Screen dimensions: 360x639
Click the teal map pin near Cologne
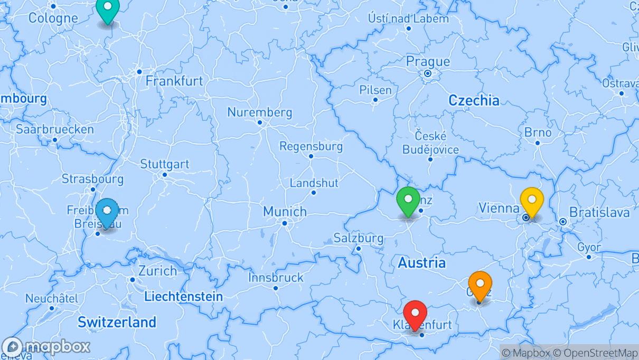pos(108,8)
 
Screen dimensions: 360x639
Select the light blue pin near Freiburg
pos(107,211)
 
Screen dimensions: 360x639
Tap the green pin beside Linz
pos(408,200)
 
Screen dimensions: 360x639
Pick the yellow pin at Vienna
pos(532,201)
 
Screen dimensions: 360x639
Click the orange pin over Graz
pos(480,285)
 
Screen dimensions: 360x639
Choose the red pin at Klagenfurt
pos(415,314)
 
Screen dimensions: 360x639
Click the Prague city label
pos(428,62)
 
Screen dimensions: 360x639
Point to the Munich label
pos(285,212)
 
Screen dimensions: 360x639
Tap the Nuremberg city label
pos(259,112)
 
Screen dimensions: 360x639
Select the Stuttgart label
pos(164,164)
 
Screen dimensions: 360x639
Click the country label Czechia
pos(474,100)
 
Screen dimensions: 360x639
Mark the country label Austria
pos(421,262)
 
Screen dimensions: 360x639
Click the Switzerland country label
pos(117,322)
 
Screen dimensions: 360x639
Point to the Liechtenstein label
pos(183,297)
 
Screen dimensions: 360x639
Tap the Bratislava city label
pos(599,213)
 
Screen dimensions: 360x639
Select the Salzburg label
pos(358,238)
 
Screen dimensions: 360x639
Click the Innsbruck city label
pos(276,278)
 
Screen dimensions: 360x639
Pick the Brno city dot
pos(538,143)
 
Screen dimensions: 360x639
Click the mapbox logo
pos(46,347)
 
